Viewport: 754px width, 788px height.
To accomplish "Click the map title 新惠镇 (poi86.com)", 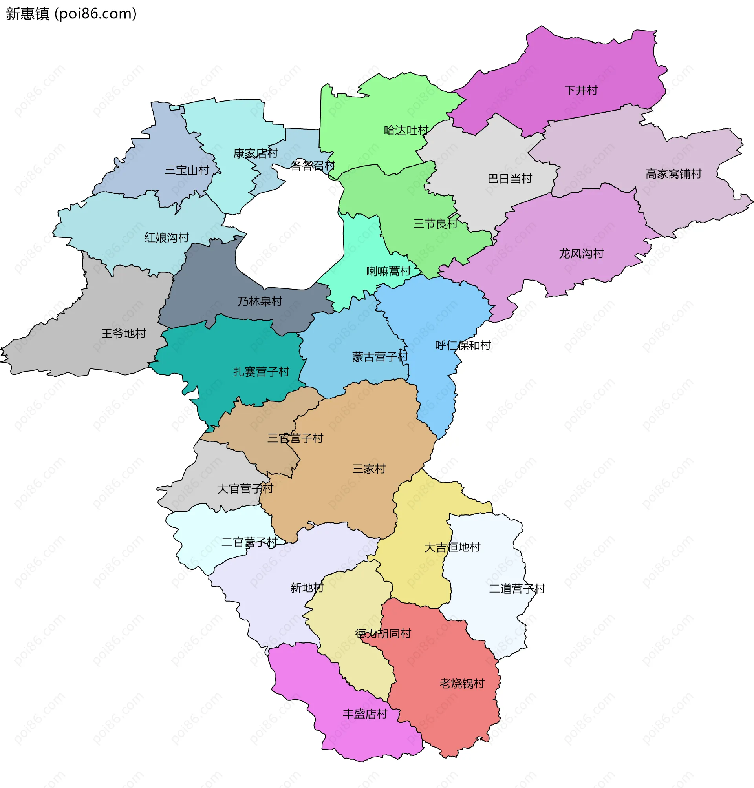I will pos(71,14).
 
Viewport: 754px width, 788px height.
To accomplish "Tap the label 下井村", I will pos(581,90).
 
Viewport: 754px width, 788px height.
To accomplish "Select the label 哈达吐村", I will pos(406,130).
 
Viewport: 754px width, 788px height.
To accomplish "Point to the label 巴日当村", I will pos(510,179).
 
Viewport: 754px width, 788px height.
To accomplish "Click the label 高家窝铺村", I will pos(673,174).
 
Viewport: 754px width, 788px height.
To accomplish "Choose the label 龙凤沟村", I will pos(581,254).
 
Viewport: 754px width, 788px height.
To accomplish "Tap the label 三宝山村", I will pos(187,170).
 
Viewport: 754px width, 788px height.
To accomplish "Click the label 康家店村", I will pos(256,153).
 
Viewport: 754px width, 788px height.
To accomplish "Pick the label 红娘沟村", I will pos(167,238).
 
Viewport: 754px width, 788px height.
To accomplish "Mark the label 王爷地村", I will pos(124,334).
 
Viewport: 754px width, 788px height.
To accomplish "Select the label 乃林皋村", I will pos(260,302).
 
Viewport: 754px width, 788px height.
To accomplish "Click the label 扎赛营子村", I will pos(261,372).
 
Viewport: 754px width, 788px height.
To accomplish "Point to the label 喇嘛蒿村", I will pos(389,272).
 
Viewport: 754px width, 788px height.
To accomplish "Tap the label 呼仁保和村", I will pos(463,345).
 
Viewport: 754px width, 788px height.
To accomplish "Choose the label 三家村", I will pos(369,469).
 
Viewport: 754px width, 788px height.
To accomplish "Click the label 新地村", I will pos(307,588).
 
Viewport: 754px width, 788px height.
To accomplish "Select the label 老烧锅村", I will pos(462,684).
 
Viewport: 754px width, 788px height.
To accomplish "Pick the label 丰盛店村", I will pos(365,714).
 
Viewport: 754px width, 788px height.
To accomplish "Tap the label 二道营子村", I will pos(517,589).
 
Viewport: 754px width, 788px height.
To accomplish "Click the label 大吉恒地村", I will pos(452,547).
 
